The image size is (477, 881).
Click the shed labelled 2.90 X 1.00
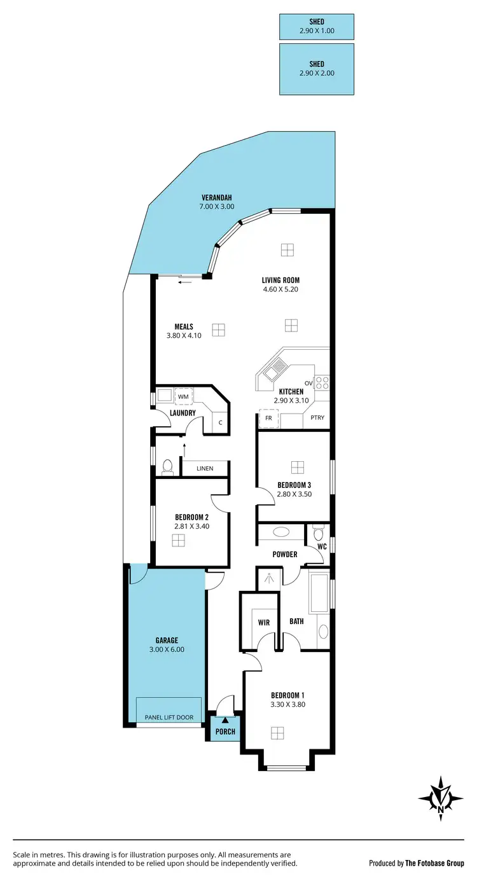pyautogui.click(x=316, y=26)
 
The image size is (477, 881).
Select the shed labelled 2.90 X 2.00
pyautogui.click(x=316, y=69)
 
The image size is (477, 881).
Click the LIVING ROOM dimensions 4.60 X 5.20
pyautogui.click(x=280, y=289)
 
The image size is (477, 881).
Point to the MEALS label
pyautogui.click(x=184, y=327)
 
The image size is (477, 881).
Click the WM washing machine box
pyautogui.click(x=184, y=397)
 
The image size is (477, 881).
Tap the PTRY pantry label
pyautogui.click(x=317, y=418)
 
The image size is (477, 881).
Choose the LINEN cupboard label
pyautogui.click(x=204, y=469)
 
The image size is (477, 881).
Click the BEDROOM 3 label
pyautogui.click(x=294, y=485)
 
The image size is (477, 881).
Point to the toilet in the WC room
pyautogui.click(x=319, y=532)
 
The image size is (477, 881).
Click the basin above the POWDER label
pyautogui.click(x=280, y=532)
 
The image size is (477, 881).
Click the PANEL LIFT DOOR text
pyautogui.click(x=169, y=718)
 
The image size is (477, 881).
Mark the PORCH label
pyautogui.click(x=225, y=732)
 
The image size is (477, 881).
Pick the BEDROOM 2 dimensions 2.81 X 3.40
pyautogui.click(x=179, y=526)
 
